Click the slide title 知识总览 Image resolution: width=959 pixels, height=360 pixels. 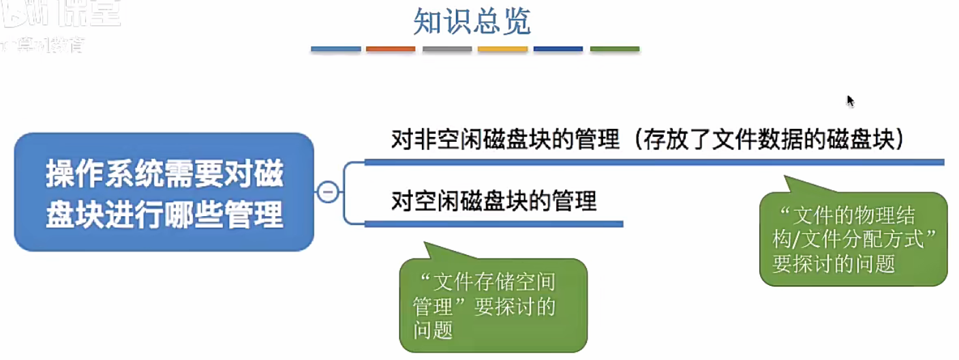pyautogui.click(x=472, y=23)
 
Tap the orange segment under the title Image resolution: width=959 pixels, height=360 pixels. pyautogui.click(x=391, y=49)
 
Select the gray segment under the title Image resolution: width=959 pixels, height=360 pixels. pyautogui.click(x=447, y=49)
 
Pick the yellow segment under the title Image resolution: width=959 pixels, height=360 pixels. pyautogui.click(x=502, y=49)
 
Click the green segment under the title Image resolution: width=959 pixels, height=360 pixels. pyautogui.click(x=615, y=49)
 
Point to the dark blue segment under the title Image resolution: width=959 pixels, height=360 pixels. pyautogui.click(x=558, y=49)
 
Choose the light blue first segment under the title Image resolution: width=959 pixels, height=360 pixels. pyautogui.click(x=335, y=49)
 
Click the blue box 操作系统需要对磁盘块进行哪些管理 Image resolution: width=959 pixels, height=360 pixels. pyautogui.click(x=164, y=192)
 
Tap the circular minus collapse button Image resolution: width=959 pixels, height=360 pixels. pyautogui.click(x=328, y=192)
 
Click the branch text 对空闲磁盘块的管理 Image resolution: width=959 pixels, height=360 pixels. pyautogui.click(x=494, y=202)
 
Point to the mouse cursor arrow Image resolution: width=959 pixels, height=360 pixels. pyautogui.click(x=850, y=101)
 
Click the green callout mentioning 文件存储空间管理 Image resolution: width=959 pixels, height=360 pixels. pyautogui.click(x=493, y=305)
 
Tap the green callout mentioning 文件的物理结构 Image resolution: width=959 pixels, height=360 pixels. pyautogui.click(x=853, y=239)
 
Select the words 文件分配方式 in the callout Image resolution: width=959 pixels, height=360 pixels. pyautogui.click(x=860, y=240)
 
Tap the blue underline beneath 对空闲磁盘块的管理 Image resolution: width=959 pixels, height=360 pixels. pyautogui.click(x=494, y=224)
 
